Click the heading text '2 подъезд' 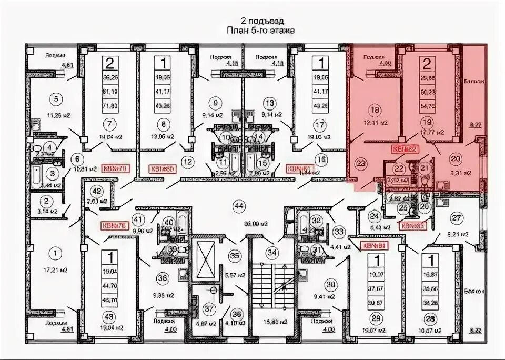point(262,21)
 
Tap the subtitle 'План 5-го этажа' point(260,31)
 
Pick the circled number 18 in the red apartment point(375,111)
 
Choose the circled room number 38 point(163,279)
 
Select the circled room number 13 point(270,103)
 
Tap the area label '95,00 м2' point(240,222)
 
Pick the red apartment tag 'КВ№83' point(412,225)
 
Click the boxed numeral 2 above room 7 point(110,64)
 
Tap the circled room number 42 point(96,191)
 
